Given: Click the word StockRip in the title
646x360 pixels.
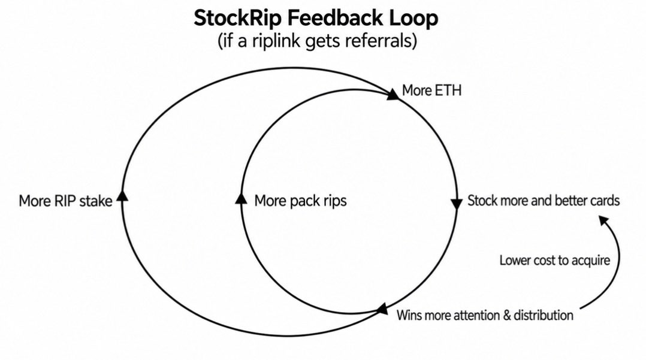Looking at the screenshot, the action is tap(238, 19).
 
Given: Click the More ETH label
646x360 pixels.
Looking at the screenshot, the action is tap(431, 90).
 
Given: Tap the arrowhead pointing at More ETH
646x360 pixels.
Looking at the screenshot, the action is tap(393, 94).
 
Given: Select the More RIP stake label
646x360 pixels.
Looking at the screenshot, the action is tap(65, 201).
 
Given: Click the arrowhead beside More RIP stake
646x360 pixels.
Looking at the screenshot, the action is tap(122, 196).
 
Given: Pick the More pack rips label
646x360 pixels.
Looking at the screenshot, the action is tap(300, 201).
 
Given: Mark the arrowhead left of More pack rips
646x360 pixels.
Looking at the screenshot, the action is tap(241, 198).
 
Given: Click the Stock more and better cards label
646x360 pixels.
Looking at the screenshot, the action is tap(544, 201).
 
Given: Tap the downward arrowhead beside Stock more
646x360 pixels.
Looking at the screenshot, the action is tap(457, 204).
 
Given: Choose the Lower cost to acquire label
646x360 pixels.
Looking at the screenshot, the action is tap(554, 261).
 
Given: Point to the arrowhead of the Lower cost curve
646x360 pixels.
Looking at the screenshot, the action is tap(603, 220).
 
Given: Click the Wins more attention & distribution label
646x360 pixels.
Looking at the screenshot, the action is tap(484, 315).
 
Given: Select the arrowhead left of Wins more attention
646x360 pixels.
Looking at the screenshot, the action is tap(382, 309).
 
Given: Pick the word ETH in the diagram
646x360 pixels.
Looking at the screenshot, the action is tap(447, 90).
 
